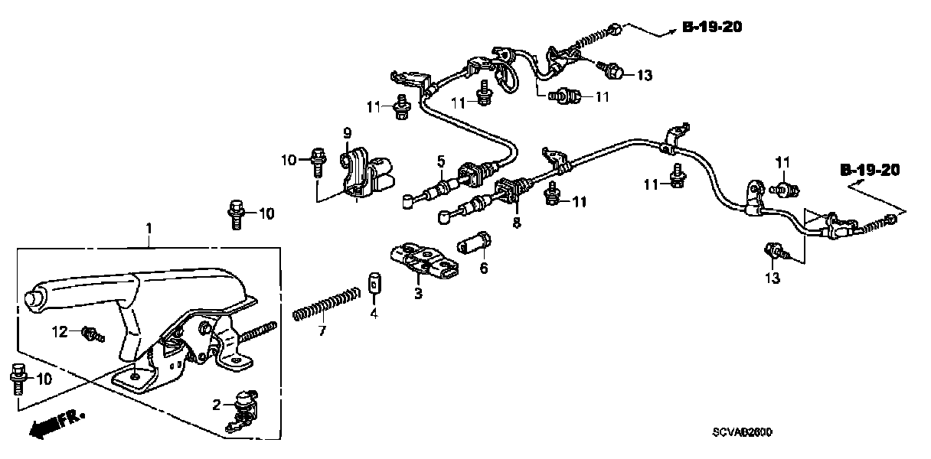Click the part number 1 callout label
150,228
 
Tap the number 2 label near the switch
217,404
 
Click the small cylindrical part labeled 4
374,282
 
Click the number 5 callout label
442,161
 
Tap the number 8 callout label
516,223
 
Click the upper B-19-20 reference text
711,28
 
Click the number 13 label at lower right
773,278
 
